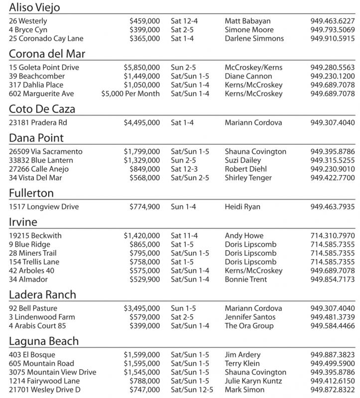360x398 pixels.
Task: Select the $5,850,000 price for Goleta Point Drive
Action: click(x=142, y=68)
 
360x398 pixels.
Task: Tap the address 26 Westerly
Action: click(x=28, y=21)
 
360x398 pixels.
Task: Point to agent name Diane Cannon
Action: click(x=248, y=77)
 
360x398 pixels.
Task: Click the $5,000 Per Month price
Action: click(x=130, y=94)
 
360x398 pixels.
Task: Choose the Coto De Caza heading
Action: click(x=42, y=109)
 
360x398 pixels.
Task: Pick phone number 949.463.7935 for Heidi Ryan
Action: click(x=332, y=207)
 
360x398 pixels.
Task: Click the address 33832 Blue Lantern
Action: click(x=41, y=160)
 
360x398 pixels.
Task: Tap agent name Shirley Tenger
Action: click(x=248, y=178)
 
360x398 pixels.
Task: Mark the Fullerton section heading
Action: click(x=31, y=193)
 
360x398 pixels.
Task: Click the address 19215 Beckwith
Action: click(x=35, y=236)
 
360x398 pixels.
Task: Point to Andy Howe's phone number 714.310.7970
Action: click(x=332, y=236)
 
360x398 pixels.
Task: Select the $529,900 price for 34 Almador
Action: click(x=144, y=280)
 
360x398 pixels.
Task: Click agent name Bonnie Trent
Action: click(x=246, y=280)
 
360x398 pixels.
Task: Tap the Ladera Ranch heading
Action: click(x=43, y=295)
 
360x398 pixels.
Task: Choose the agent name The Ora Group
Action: click(x=249, y=326)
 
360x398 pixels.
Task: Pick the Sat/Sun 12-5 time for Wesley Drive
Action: click(x=192, y=390)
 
